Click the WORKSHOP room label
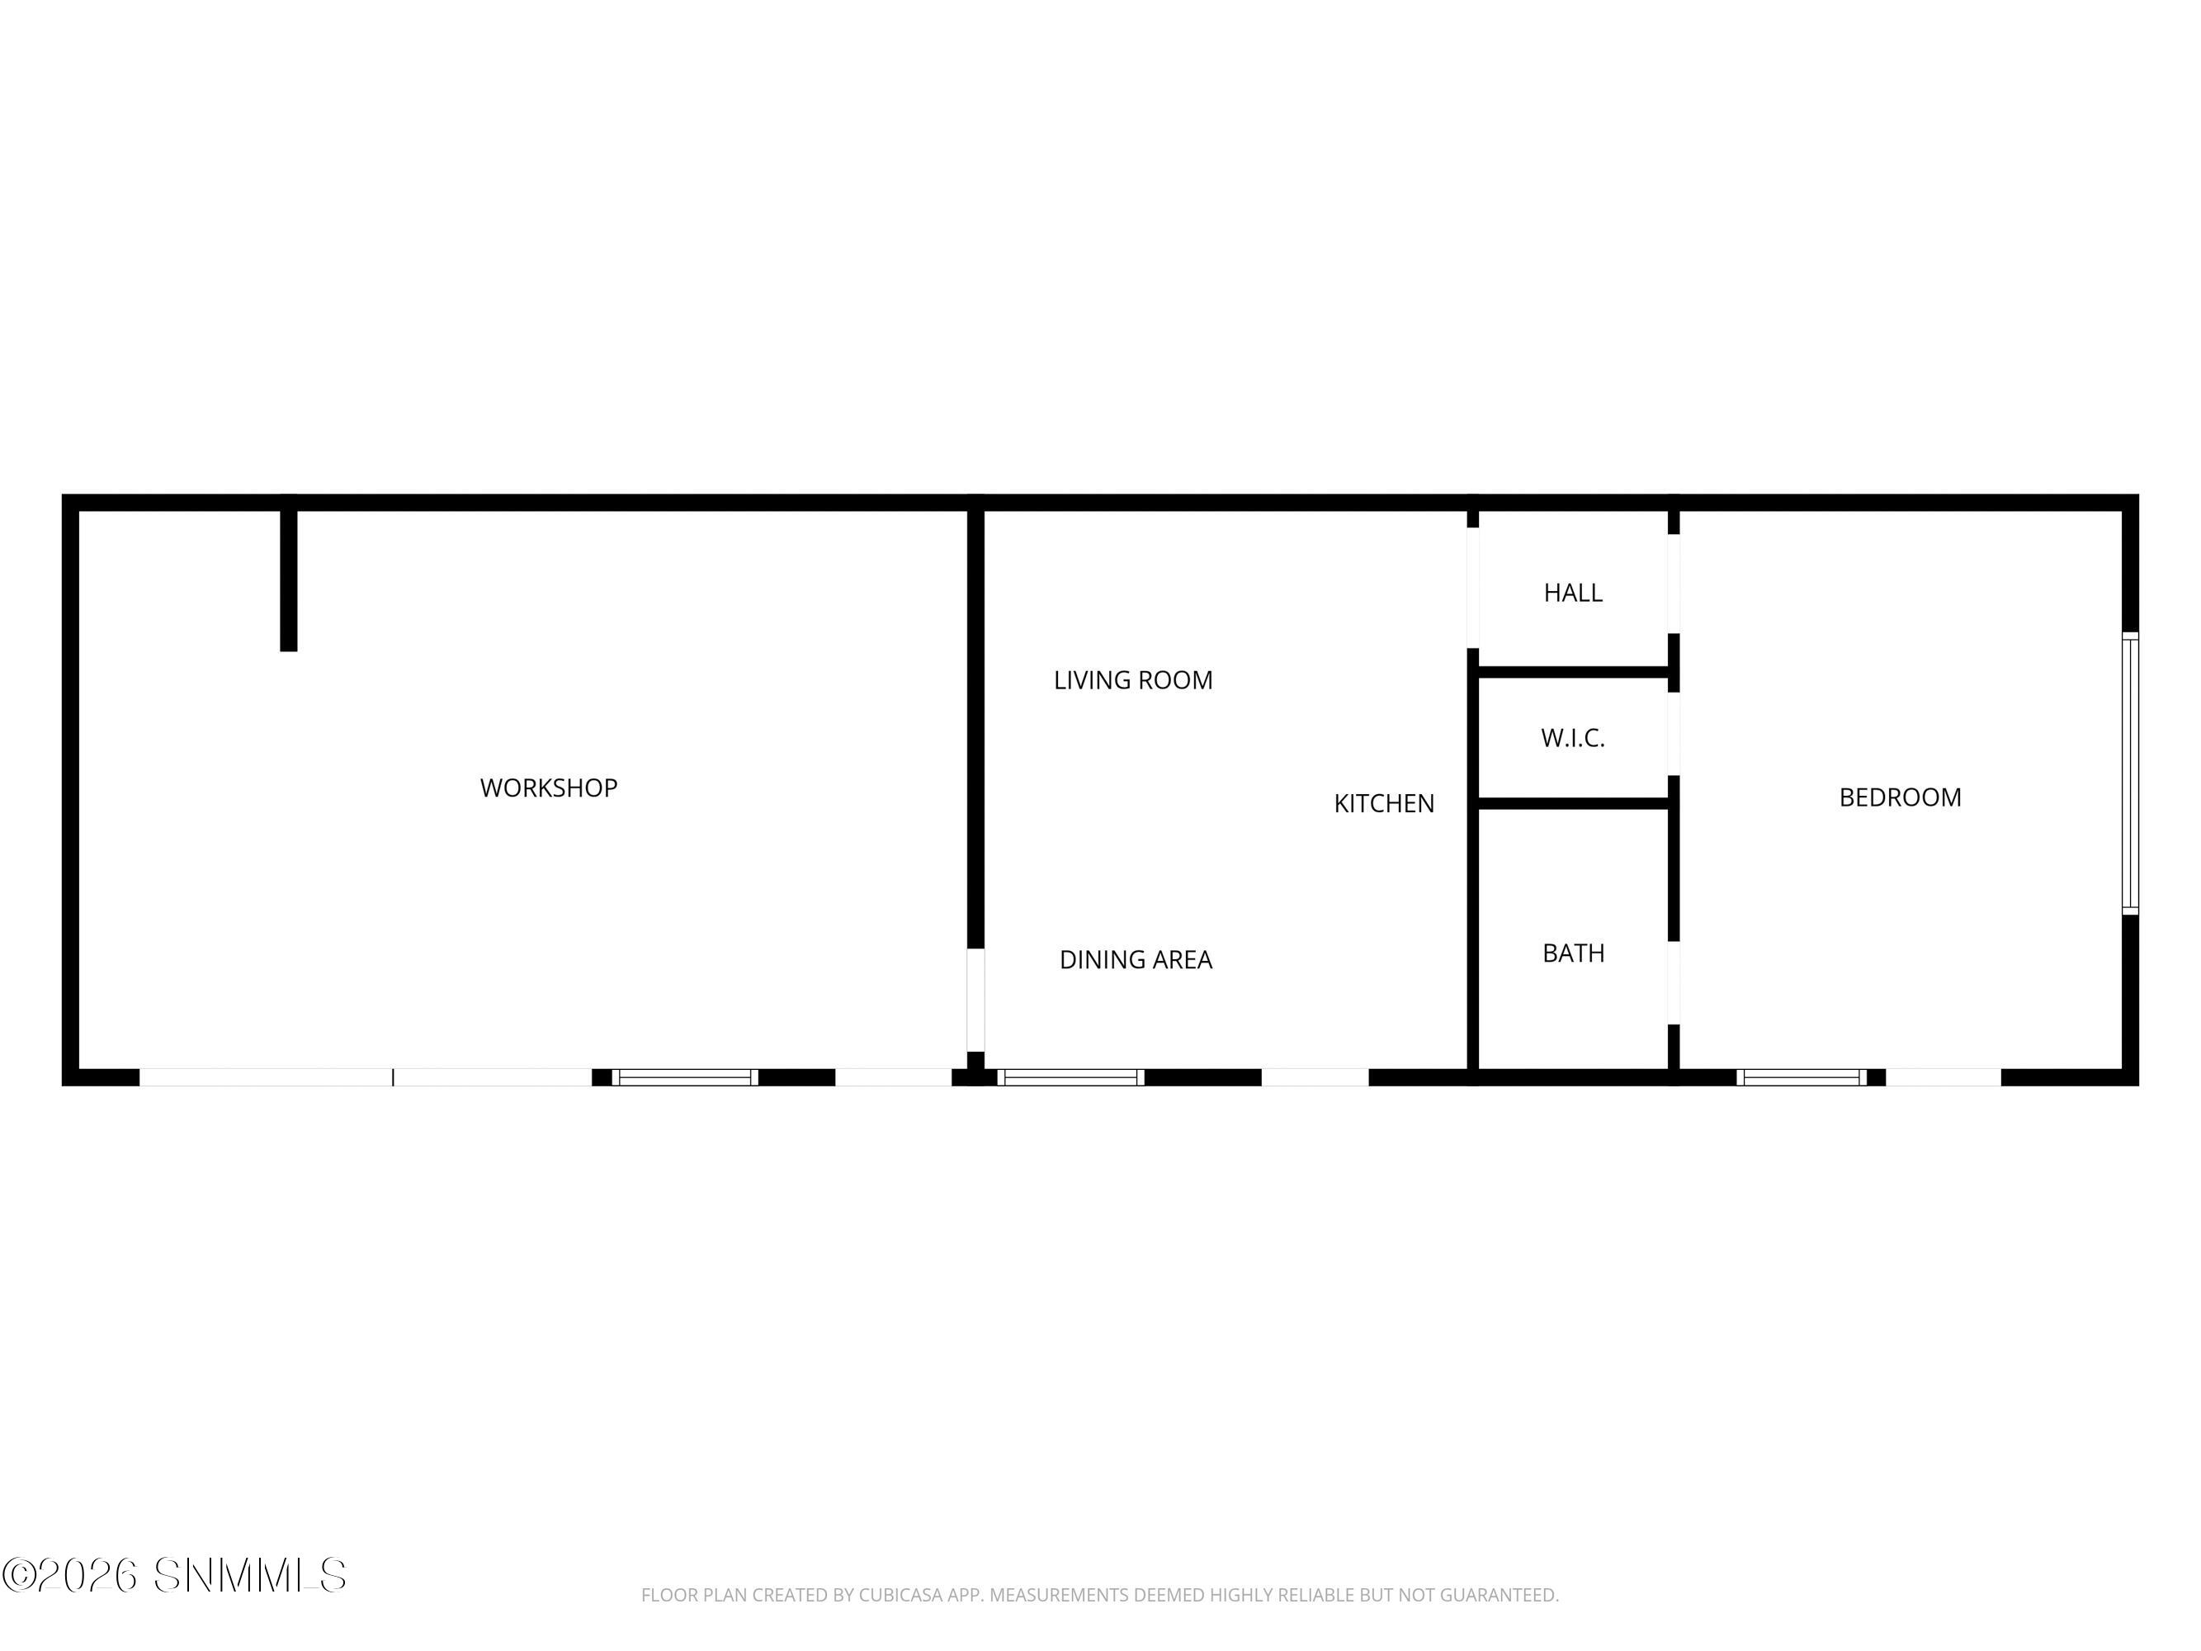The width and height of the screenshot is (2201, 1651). coord(548,788)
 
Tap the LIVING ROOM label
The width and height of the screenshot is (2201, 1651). coord(1133,681)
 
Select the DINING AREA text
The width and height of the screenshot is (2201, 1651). coord(1136,960)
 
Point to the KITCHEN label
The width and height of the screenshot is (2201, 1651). coord(1384,804)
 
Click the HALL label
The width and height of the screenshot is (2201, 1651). coord(1573,594)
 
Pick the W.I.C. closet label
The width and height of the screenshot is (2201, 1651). coord(1573,739)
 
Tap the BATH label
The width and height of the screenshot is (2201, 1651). coord(1573,953)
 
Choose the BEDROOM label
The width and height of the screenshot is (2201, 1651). coord(1900,798)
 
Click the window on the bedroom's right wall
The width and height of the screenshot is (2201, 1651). coord(2130,773)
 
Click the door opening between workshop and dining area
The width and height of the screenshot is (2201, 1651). coord(976,1001)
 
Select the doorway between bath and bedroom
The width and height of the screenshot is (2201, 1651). coord(1674,983)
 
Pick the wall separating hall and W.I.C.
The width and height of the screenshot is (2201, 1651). coord(1573,673)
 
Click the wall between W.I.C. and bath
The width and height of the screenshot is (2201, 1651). coord(1573,804)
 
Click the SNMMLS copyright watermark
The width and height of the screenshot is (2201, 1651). coord(175,1575)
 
